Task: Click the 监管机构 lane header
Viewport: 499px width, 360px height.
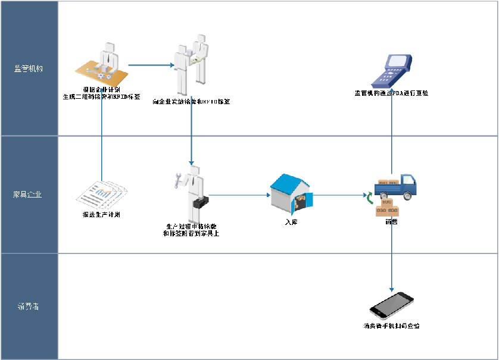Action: tap(29, 68)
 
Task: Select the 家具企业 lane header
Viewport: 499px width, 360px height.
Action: tap(29, 194)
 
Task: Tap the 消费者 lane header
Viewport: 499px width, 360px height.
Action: tap(29, 306)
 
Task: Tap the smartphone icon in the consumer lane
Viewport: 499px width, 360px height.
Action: tap(391, 306)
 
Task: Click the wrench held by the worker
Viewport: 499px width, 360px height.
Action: tap(178, 179)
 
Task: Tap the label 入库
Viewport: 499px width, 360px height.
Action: tap(291, 221)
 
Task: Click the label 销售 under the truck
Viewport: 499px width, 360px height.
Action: tap(392, 221)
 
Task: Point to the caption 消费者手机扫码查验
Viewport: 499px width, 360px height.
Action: tap(391, 326)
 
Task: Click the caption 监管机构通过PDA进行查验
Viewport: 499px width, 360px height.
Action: tap(391, 93)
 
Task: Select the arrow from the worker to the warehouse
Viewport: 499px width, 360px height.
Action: tap(238, 195)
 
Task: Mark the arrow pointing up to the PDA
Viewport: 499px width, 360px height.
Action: tap(392, 137)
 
